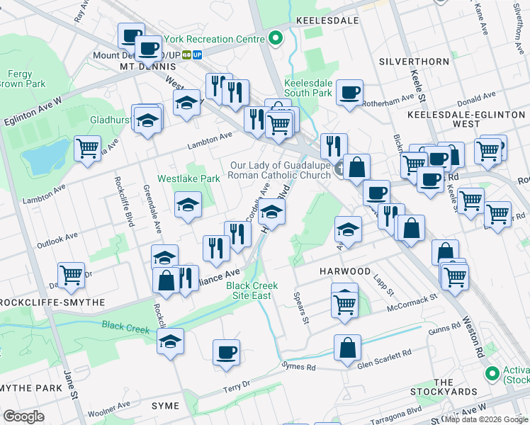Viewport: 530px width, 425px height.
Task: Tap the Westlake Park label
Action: coord(188,179)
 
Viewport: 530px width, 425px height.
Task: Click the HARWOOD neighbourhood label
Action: coord(344,271)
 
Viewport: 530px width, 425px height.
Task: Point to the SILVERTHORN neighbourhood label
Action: coord(414,62)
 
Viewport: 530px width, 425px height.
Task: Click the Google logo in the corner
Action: coord(23,416)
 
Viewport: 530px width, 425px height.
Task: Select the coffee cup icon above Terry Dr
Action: coord(226,352)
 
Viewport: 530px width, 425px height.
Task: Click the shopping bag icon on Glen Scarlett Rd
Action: coord(347,348)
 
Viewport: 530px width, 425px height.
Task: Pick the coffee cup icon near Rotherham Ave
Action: coord(350,93)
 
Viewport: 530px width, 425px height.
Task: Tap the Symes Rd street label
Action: coord(298,367)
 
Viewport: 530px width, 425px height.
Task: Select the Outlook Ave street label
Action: coord(57,240)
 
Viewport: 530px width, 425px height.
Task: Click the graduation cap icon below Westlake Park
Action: coord(188,205)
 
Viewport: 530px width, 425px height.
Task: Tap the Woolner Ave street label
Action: coord(109,409)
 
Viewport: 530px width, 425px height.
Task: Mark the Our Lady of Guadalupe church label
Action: coord(281,171)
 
